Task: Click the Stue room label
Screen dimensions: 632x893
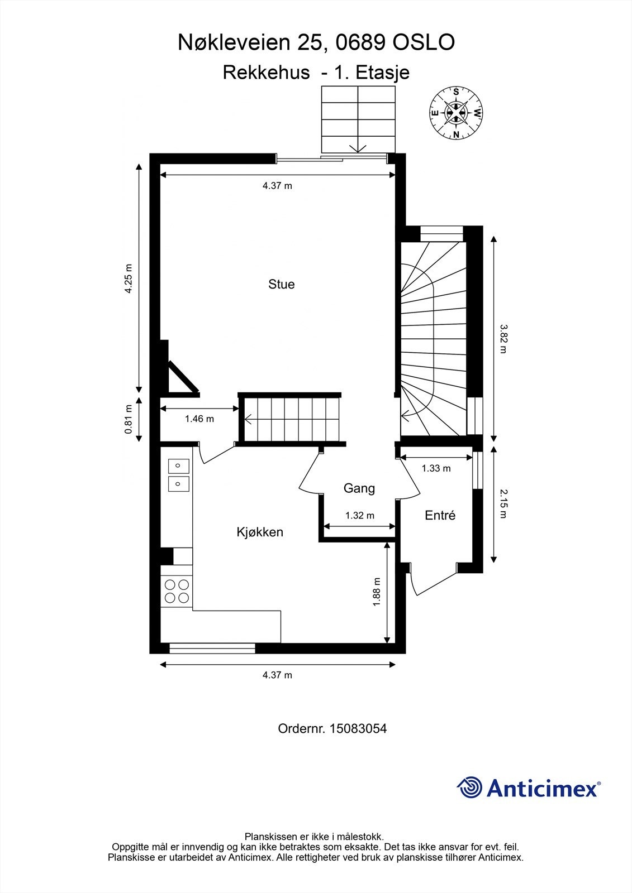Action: [x=282, y=284]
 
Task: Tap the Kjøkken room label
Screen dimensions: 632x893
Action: [x=260, y=532]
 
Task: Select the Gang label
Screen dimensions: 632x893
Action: [x=359, y=488]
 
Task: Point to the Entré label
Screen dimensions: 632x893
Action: [x=440, y=516]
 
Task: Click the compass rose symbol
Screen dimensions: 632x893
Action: [x=456, y=113]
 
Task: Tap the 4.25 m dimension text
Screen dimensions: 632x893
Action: [x=129, y=279]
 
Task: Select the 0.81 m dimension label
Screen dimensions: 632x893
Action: [x=129, y=419]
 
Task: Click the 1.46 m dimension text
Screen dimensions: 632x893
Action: [x=199, y=419]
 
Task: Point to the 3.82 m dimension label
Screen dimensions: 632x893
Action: [x=503, y=339]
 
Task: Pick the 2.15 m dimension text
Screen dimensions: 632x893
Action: [x=503, y=505]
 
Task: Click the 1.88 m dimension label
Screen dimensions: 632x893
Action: [x=377, y=592]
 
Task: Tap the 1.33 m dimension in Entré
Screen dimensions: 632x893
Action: [x=436, y=468]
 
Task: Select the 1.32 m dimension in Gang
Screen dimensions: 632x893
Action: [x=360, y=516]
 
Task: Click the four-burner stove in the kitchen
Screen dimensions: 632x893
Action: [x=177, y=591]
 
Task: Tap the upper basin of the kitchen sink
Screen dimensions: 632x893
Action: [x=178, y=465]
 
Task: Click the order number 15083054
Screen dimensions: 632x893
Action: [x=358, y=729]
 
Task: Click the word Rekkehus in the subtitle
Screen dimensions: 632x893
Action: [x=267, y=73]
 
